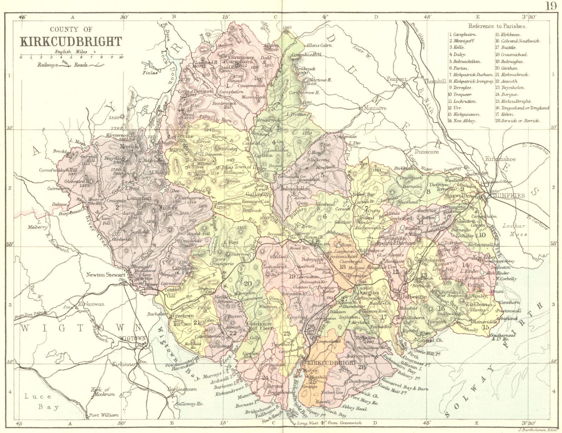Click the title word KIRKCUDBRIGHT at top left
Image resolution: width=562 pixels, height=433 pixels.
pos(71,42)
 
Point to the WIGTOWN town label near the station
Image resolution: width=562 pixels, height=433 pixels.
pos(132,338)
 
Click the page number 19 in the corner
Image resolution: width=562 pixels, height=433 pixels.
pos(551,6)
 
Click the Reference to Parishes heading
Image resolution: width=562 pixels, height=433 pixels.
pos(497,26)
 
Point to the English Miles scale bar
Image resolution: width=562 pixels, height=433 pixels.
pos(71,56)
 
